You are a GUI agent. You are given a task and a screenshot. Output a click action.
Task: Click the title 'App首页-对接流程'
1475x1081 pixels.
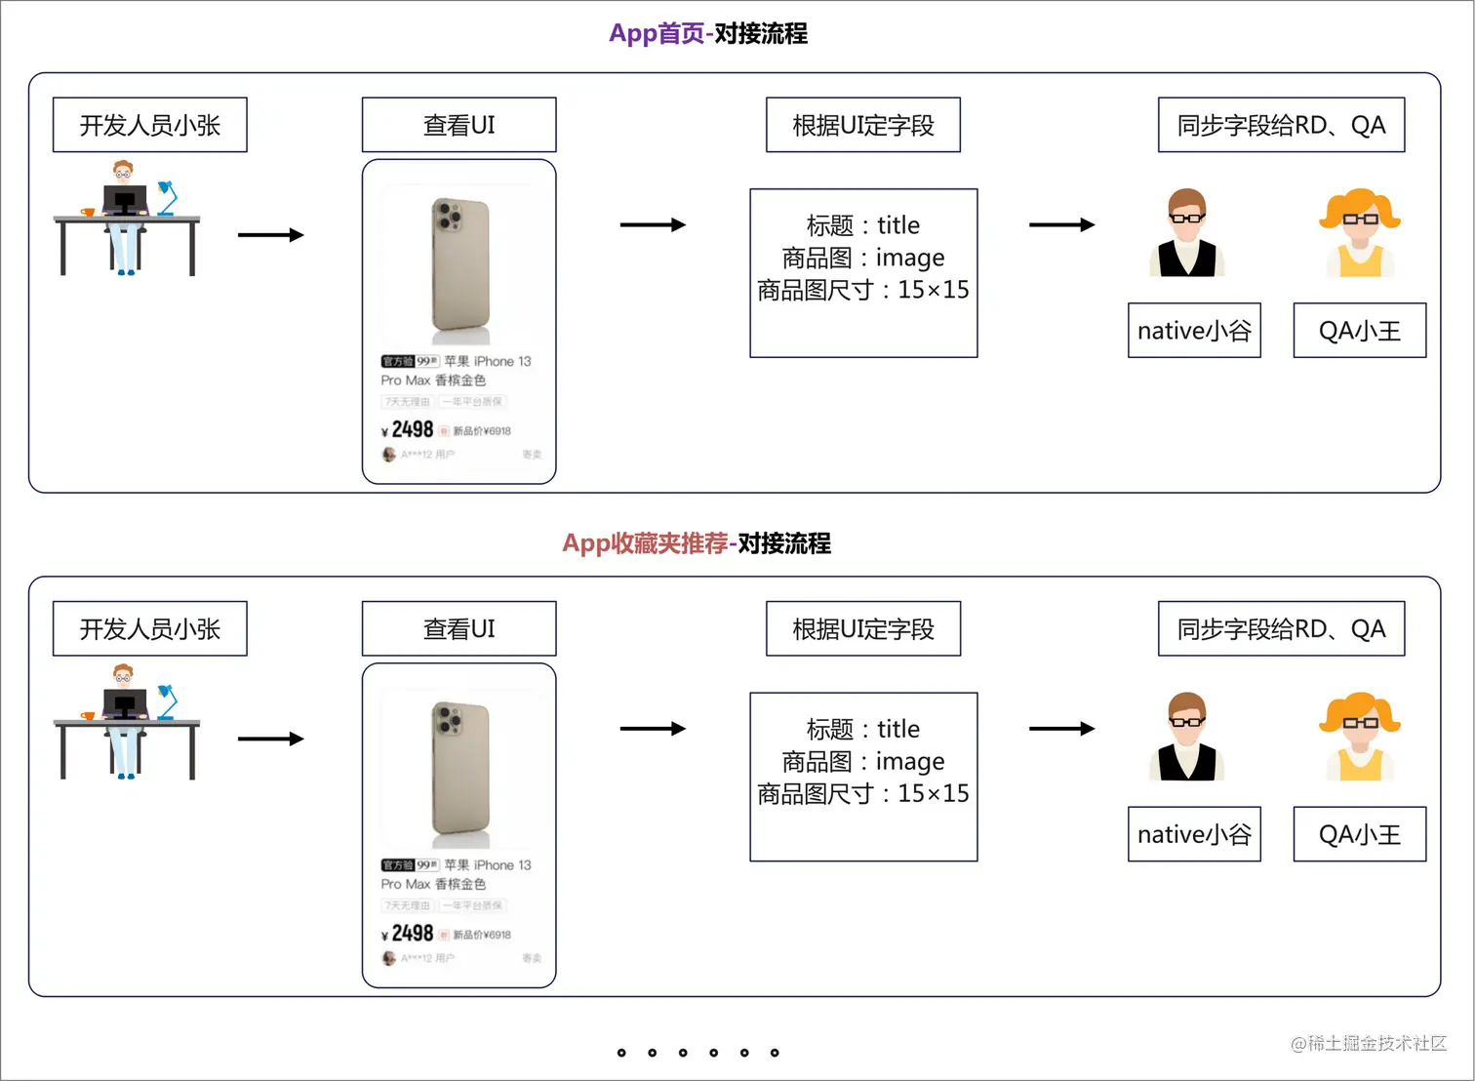point(707,34)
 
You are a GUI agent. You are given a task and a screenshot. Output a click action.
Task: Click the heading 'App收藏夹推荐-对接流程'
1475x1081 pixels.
point(696,543)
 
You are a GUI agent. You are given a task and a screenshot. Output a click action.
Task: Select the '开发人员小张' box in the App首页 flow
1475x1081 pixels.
point(149,125)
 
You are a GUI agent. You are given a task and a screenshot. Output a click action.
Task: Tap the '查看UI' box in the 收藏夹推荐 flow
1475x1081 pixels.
point(458,629)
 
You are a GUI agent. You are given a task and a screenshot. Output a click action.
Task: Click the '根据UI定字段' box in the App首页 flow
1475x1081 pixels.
point(862,125)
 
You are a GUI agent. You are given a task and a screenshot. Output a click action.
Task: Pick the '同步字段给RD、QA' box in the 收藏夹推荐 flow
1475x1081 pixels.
point(1280,629)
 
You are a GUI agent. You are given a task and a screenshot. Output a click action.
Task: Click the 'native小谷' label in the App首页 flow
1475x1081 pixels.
point(1193,331)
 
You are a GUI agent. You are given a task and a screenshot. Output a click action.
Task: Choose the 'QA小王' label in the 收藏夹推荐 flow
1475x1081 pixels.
point(1359,834)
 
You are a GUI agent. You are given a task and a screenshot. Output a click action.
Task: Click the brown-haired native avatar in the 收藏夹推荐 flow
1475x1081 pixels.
point(1186,737)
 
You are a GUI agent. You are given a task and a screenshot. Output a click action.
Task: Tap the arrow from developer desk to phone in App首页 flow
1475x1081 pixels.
point(270,235)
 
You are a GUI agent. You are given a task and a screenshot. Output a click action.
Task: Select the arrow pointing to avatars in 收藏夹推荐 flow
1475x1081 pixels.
point(1061,729)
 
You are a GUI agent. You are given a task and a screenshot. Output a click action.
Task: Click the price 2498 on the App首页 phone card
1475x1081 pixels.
point(412,429)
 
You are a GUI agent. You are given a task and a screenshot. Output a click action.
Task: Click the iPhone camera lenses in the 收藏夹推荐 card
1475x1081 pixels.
point(449,721)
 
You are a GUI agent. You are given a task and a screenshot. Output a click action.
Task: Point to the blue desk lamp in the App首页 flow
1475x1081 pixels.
point(167,196)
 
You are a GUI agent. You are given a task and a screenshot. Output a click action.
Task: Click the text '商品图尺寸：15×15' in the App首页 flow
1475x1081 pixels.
point(862,290)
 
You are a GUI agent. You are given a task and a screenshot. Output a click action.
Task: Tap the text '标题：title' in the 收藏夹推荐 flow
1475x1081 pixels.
point(862,729)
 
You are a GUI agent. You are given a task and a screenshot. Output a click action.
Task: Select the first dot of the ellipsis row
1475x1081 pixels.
point(621,1053)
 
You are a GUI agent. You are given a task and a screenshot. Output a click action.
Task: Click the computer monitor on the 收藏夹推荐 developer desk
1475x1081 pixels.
point(125,702)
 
